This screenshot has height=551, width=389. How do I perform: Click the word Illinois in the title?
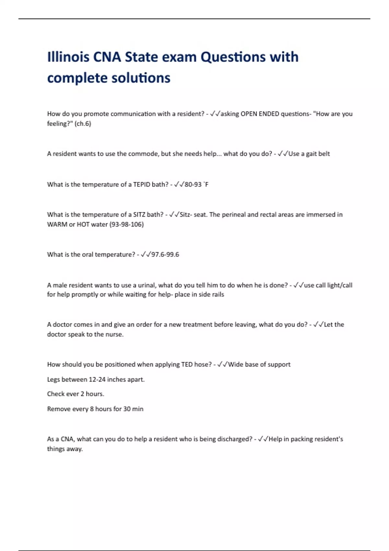click(x=68, y=57)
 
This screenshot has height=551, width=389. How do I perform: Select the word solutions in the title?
click(x=141, y=78)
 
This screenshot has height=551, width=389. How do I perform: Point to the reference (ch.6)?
click(x=83, y=123)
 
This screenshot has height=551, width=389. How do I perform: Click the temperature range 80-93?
click(x=193, y=184)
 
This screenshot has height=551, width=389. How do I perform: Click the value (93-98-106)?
click(x=127, y=224)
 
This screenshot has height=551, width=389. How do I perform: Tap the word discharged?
click(x=234, y=439)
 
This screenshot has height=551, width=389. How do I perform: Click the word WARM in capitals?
click(x=57, y=224)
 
